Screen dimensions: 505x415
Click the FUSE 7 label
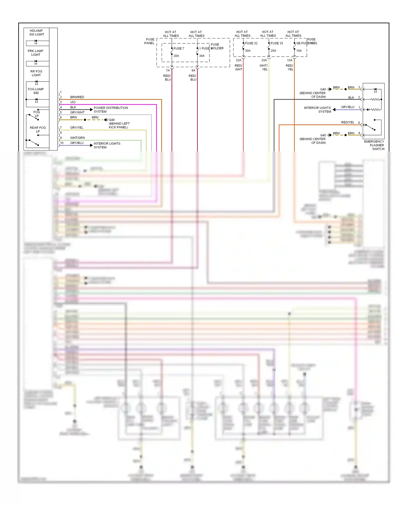click(179, 48)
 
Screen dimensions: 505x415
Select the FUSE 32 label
click(251, 43)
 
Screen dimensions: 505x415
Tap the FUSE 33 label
click(277, 43)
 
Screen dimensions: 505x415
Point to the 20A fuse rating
click(176, 56)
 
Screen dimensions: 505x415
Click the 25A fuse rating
click(273, 51)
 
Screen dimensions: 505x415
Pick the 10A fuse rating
click(299, 51)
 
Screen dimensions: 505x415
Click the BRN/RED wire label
click(77, 97)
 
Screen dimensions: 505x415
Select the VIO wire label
click(73, 102)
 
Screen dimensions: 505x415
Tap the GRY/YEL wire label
click(77, 128)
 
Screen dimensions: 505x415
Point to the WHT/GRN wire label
click(77, 138)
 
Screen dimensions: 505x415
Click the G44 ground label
click(112, 120)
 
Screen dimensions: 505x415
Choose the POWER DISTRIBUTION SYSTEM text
click(111, 110)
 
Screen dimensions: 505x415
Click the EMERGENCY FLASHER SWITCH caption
click(374, 145)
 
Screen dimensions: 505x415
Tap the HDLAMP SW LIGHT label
click(37, 33)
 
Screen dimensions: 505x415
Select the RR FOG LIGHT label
click(36, 73)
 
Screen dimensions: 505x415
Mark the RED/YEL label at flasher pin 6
click(347, 122)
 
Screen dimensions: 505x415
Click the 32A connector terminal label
click(238, 60)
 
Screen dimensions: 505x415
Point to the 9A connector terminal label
click(193, 70)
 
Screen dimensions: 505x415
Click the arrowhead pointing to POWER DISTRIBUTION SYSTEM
click(91, 110)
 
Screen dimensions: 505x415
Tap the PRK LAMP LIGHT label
click(35, 53)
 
